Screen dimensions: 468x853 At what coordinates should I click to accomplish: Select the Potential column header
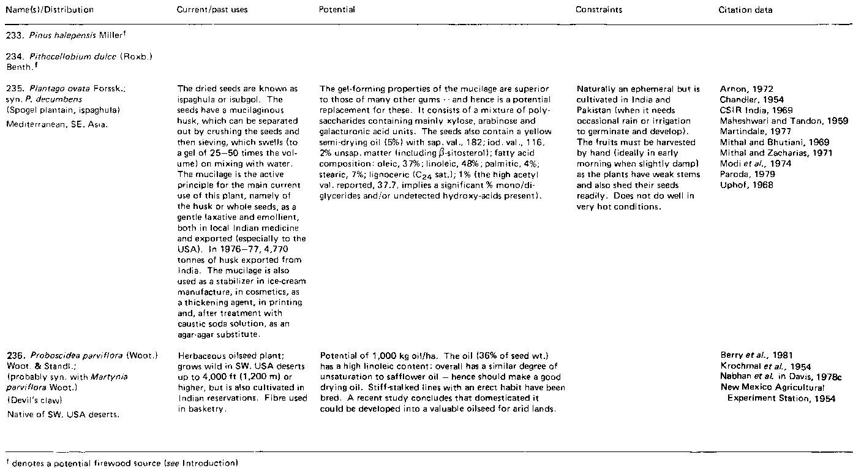pyautogui.click(x=337, y=10)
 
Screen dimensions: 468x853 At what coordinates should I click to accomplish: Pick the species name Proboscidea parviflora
pyautogui.click(x=66, y=356)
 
